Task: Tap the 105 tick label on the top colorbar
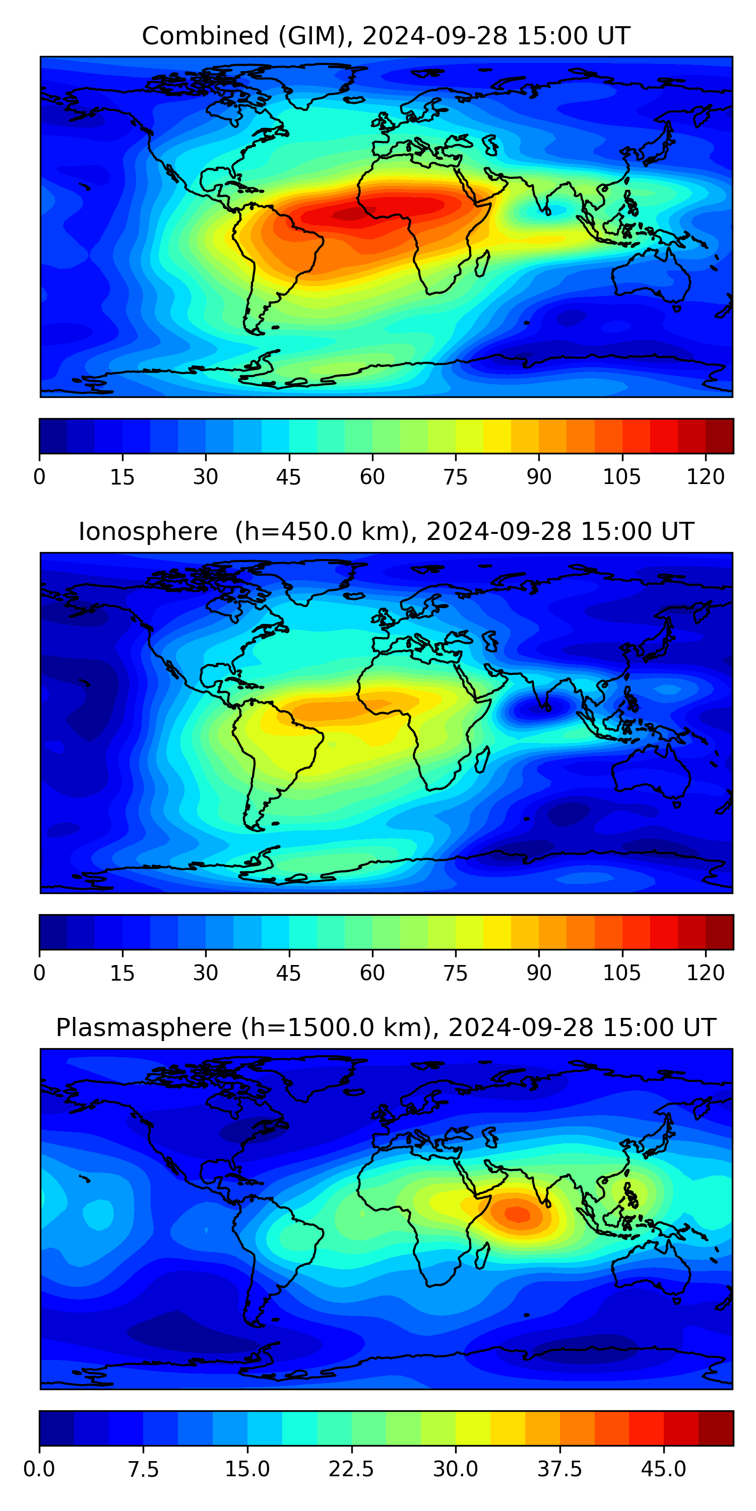pyautogui.click(x=621, y=477)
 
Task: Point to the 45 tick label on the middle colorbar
pyautogui.click(x=288, y=973)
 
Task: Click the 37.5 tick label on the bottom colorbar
pyautogui.click(x=559, y=1469)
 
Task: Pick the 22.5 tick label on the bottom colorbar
pyautogui.click(x=351, y=1469)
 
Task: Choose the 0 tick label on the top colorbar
pyautogui.click(x=39, y=477)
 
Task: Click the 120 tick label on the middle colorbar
pyautogui.click(x=705, y=973)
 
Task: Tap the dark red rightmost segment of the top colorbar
pyautogui.click(x=719, y=436)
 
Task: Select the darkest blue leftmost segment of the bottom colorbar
pyautogui.click(x=56, y=1428)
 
